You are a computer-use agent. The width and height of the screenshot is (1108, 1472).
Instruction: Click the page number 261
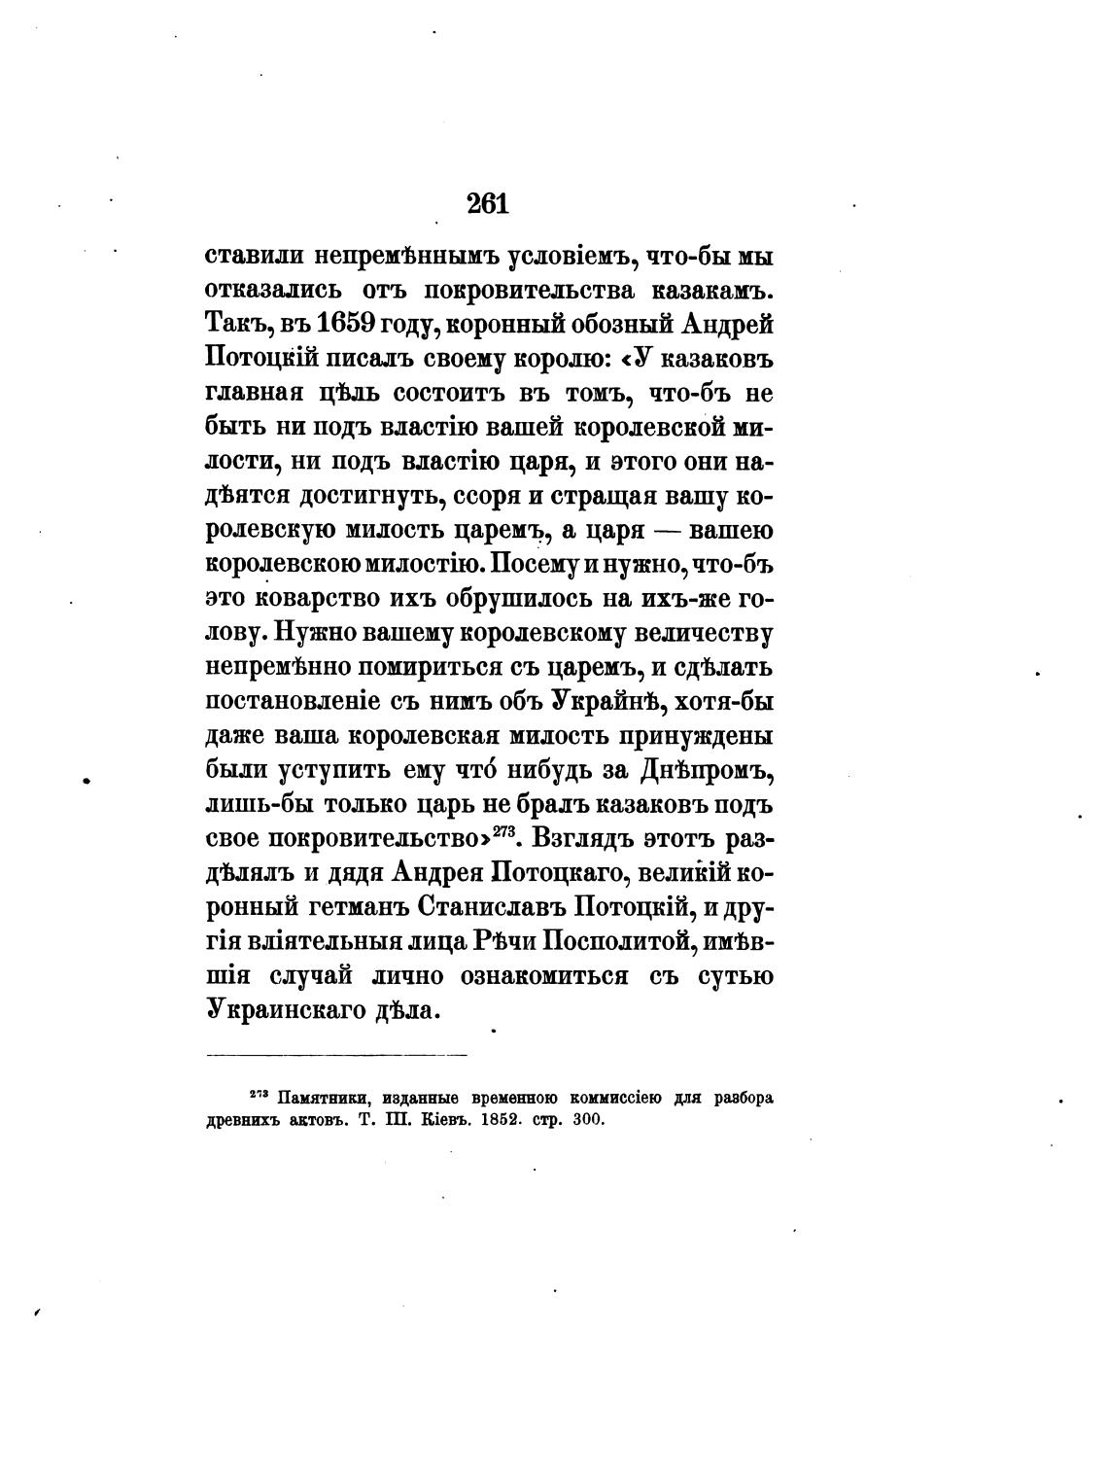point(488,203)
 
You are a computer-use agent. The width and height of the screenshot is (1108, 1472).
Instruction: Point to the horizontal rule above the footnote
point(336,1054)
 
